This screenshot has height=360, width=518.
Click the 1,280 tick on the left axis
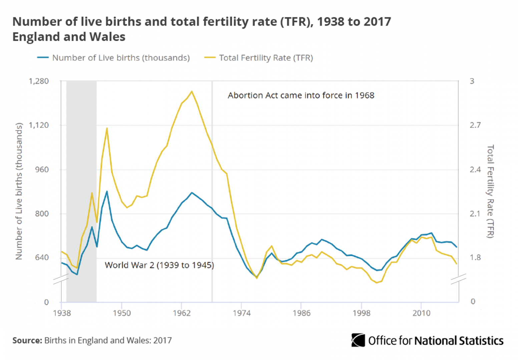tap(39, 81)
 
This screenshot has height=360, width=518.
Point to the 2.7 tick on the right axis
tap(475, 125)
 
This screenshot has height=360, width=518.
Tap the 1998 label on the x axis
tap(361, 313)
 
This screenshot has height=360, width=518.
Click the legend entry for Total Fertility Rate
tap(266, 58)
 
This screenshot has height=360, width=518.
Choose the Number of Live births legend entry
tap(121, 58)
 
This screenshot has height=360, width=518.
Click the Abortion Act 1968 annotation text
tap(301, 96)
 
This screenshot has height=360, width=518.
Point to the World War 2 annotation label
tap(159, 265)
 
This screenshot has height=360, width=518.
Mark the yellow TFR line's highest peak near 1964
tap(191, 91)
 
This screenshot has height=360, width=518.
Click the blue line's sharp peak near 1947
tap(107, 191)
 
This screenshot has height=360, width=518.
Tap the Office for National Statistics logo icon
tap(358, 340)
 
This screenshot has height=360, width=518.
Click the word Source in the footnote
tap(27, 340)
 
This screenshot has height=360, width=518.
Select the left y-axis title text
tap(19, 191)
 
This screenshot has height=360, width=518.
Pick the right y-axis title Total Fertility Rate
tap(490, 191)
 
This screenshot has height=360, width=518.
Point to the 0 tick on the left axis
tap(46, 302)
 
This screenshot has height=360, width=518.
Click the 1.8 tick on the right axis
tap(475, 258)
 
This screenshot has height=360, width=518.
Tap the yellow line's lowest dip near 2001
tap(377, 283)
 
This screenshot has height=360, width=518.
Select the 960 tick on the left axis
tap(42, 170)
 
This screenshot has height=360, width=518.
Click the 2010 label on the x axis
tap(421, 313)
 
